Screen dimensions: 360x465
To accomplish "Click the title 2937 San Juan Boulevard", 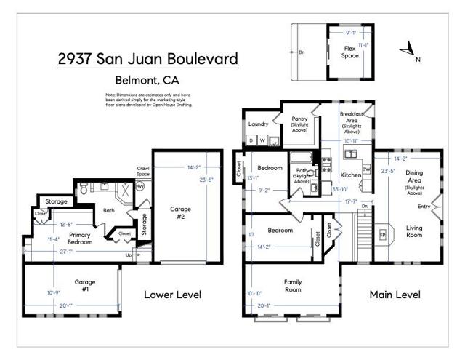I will tap(148, 59).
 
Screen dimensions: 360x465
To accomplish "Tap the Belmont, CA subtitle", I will tap(148, 81).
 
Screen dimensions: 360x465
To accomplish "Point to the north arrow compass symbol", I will tap(410, 51).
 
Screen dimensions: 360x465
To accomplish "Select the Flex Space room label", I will tap(350, 52).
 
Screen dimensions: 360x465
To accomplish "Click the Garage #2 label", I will tap(181, 212).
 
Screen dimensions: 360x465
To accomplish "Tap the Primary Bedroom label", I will tap(78, 239).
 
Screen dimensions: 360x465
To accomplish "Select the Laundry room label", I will tap(258, 124).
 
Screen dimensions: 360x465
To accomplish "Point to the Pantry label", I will tap(299, 121).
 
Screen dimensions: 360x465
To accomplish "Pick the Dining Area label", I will tap(414, 180).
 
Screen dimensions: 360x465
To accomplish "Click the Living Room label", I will tap(414, 231).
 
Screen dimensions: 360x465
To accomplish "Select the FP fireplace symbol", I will tap(382, 235).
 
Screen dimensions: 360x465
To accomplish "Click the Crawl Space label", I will tap(143, 171).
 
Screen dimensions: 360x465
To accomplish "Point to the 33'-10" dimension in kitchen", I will tap(339, 189).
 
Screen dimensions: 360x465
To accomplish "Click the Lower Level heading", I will tap(172, 295).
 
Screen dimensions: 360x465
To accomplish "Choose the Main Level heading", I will tap(395, 295).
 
